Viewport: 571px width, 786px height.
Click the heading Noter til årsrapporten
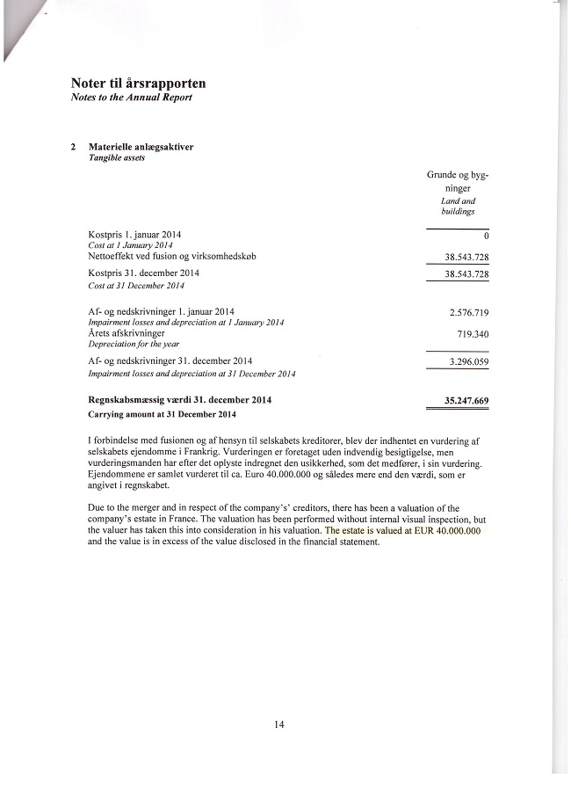pos(138,84)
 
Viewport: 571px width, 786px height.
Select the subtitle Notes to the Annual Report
pos(131,97)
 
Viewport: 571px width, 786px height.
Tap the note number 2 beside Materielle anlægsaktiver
pos(74,147)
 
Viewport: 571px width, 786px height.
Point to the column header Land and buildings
pos(458,206)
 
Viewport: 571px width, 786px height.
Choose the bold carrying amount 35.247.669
pos(466,402)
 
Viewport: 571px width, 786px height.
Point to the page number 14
pos(279,724)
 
